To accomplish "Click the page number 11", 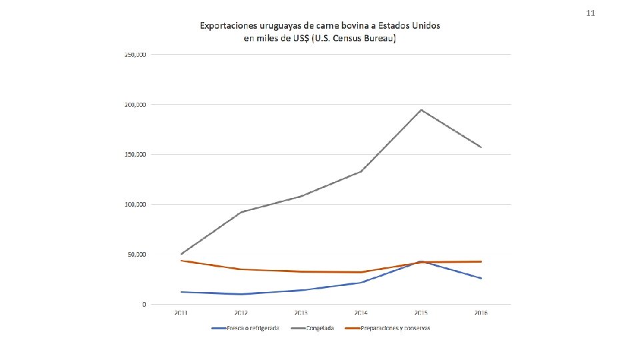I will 589,13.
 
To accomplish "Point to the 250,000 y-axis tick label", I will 135,54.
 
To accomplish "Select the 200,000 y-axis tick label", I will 135,105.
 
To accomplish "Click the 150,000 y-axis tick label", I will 135,154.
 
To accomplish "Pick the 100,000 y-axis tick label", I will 135,204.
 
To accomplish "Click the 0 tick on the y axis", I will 145,304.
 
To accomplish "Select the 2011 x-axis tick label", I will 181,313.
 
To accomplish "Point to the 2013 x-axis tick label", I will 301,313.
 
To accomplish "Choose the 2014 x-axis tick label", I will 361,313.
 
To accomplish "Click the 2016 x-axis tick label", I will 481,313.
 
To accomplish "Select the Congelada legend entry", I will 321,328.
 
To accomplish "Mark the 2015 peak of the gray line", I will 421,110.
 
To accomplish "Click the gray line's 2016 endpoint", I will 481,147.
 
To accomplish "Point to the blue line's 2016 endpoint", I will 481,278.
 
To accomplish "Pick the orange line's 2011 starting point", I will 181,261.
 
